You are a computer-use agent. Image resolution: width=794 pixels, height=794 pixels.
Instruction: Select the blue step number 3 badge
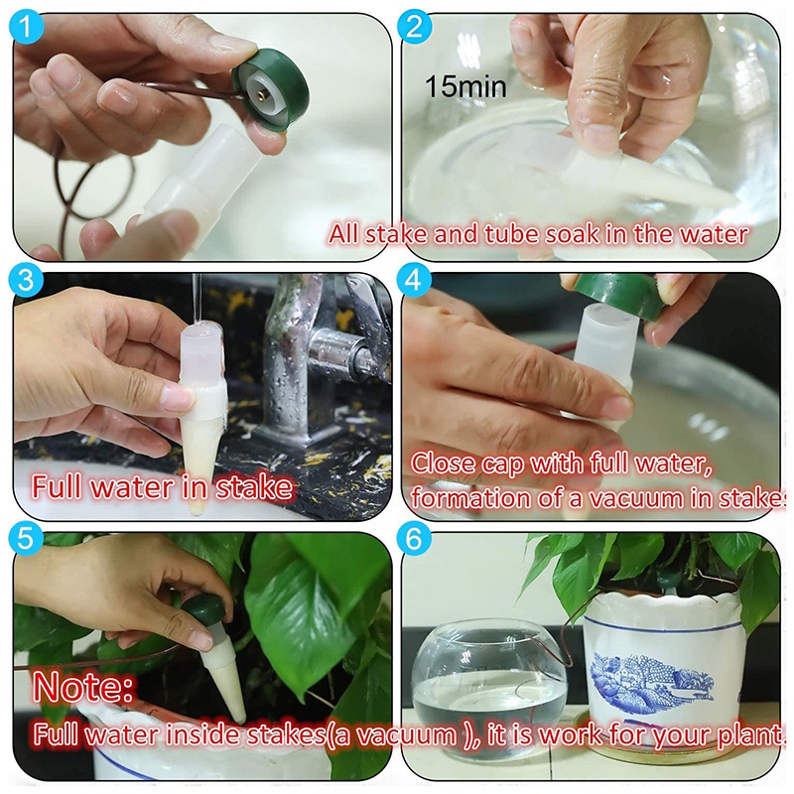click(26, 281)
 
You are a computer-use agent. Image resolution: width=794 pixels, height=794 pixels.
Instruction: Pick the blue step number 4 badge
click(415, 281)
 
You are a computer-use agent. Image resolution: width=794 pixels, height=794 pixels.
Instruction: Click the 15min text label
click(465, 86)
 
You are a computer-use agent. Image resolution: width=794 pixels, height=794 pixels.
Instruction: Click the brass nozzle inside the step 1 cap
click(262, 94)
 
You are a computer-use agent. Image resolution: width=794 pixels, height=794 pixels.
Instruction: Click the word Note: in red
click(83, 687)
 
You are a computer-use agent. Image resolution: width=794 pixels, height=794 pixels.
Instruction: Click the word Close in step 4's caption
click(442, 463)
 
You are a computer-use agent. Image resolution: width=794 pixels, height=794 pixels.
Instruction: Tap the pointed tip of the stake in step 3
click(198, 511)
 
